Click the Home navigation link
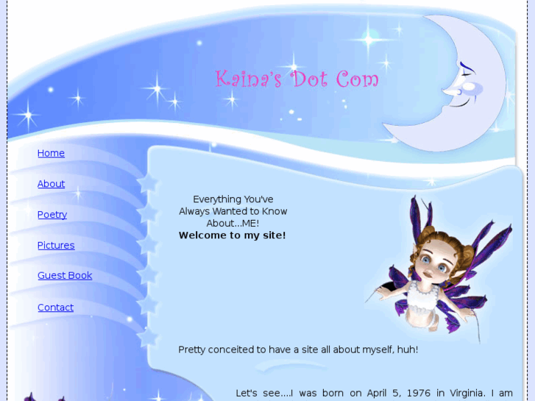51,153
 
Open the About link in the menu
51,184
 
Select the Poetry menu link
52,215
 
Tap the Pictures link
56,245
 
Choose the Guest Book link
65,275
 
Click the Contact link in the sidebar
55,308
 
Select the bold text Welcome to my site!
232,235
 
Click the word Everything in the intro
217,199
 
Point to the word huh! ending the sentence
406,349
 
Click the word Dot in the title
310,79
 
